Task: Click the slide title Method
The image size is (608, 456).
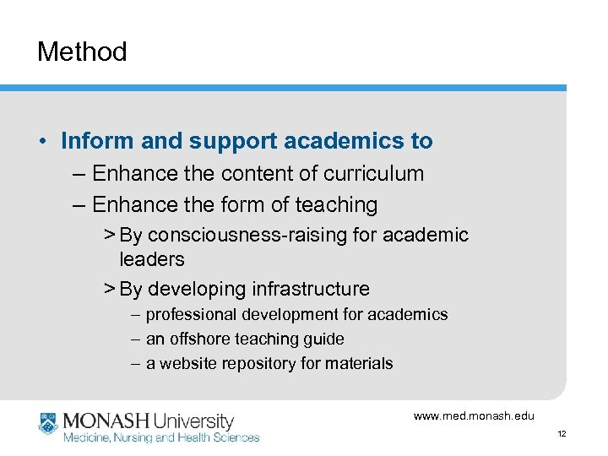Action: [x=82, y=52]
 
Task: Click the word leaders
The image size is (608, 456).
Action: [x=152, y=259]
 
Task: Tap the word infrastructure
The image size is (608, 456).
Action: [x=310, y=289]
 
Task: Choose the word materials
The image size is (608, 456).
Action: [x=361, y=364]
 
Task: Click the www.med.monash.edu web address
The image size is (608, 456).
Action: [x=474, y=415]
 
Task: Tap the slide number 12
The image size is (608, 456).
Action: [x=562, y=433]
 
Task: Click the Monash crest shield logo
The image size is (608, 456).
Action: [x=47, y=423]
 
